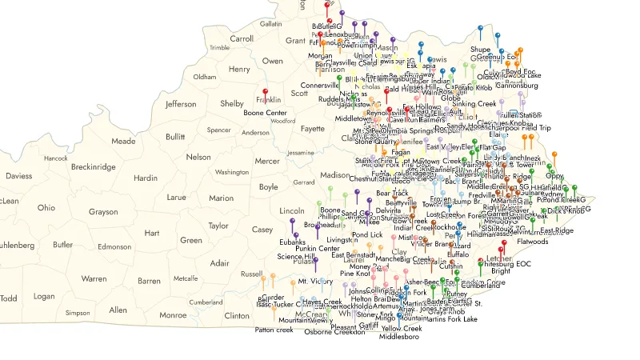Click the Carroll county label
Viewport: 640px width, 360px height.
(x=242, y=38)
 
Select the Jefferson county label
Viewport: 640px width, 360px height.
(x=181, y=104)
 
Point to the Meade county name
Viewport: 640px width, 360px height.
(x=123, y=141)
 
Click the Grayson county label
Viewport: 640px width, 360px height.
(x=103, y=212)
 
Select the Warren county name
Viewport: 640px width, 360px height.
(x=94, y=279)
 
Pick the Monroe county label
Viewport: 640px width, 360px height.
(x=173, y=315)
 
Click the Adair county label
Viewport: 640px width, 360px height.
(x=218, y=263)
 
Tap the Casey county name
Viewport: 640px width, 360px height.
(x=262, y=230)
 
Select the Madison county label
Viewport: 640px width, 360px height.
(x=335, y=175)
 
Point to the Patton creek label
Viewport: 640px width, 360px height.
(x=274, y=330)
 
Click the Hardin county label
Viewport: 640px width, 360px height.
(x=146, y=178)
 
